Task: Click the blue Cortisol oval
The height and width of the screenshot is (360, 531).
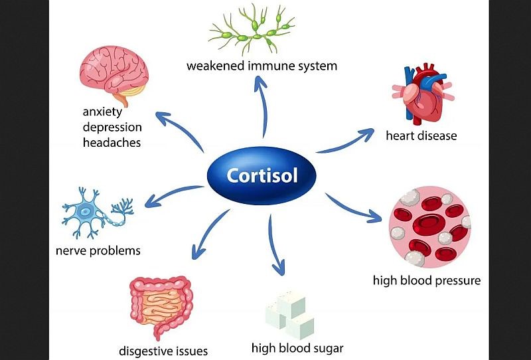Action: click(x=262, y=175)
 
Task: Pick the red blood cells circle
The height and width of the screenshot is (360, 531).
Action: click(x=429, y=226)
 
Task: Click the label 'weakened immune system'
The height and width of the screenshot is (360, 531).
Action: click(x=262, y=66)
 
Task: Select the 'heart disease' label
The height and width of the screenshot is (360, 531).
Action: click(x=421, y=136)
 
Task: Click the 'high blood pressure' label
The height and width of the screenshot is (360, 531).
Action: click(x=426, y=280)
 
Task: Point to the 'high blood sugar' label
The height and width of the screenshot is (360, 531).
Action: click(x=297, y=347)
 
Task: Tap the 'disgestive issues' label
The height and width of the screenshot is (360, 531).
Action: click(x=163, y=351)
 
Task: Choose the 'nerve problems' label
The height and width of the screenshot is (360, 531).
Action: click(x=98, y=250)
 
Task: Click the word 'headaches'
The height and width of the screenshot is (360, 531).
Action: click(x=112, y=142)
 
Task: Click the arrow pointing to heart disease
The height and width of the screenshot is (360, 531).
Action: click(x=345, y=140)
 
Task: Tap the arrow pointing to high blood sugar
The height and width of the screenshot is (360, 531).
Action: click(x=275, y=242)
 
